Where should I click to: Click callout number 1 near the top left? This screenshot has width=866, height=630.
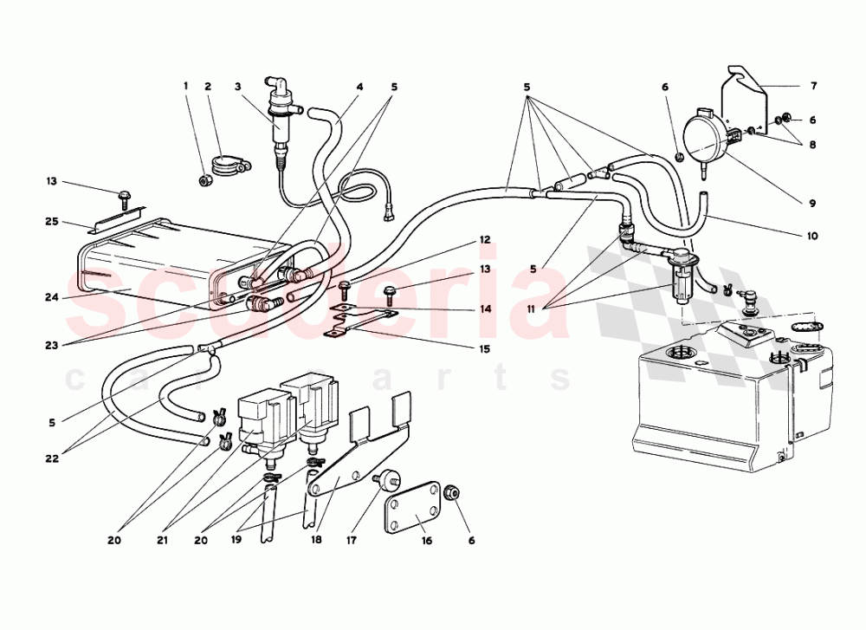point(184,86)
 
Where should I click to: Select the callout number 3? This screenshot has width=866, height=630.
point(236,86)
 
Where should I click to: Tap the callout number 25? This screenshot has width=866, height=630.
point(52,222)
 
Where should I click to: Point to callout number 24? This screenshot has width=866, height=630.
point(52,297)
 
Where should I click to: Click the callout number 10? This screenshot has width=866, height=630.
point(811,236)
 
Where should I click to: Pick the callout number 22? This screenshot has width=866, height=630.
point(52,458)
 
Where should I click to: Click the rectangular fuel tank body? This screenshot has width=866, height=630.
point(710,399)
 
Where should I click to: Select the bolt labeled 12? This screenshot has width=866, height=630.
point(345,285)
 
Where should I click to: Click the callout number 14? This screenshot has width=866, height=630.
point(485,309)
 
